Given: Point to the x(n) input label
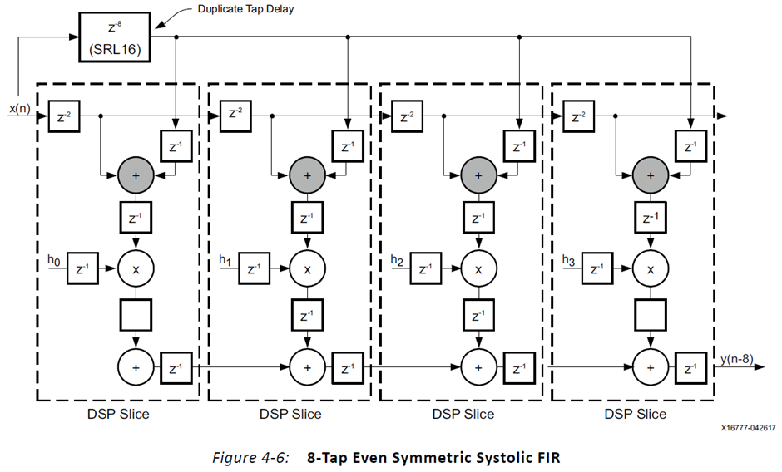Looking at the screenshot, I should [x=20, y=109].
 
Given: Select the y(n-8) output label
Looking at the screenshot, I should [x=737, y=358].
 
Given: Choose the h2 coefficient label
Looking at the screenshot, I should [x=396, y=261].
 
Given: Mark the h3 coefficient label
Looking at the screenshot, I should [x=568, y=261].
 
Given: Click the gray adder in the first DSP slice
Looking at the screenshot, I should [x=136, y=175].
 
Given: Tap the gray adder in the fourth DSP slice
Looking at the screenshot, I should [x=650, y=175].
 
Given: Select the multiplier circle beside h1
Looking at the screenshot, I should [x=307, y=269].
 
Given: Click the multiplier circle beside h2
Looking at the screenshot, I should [x=478, y=269].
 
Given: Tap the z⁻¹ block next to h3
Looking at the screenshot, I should [x=596, y=269].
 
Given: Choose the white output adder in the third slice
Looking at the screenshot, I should [x=478, y=366].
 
